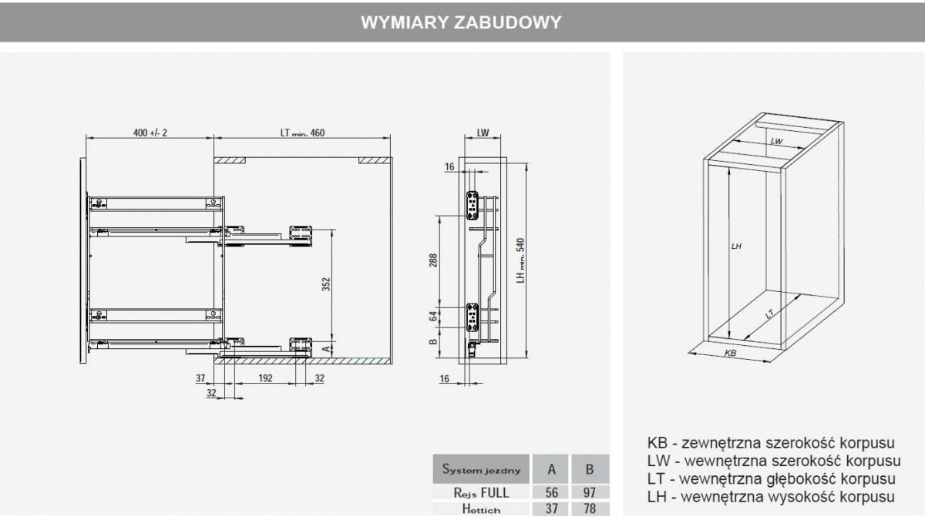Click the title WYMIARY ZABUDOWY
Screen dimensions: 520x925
click(x=461, y=22)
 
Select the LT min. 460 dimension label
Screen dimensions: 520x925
click(x=302, y=133)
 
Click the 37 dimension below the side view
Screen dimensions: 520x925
click(x=199, y=377)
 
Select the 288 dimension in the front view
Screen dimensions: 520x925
click(x=434, y=261)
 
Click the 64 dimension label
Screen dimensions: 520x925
click(x=434, y=314)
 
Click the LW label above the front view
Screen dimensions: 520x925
click(x=483, y=133)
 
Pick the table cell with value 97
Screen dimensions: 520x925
click(x=590, y=492)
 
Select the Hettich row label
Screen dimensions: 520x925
click(x=482, y=509)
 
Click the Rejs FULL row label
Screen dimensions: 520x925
click(x=482, y=492)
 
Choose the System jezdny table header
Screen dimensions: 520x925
click(x=482, y=468)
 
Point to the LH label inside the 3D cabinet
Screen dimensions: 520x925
click(x=736, y=246)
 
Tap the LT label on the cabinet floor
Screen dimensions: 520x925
click(x=769, y=314)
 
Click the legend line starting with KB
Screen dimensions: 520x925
click(x=771, y=444)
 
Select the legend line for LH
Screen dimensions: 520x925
click(x=771, y=497)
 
